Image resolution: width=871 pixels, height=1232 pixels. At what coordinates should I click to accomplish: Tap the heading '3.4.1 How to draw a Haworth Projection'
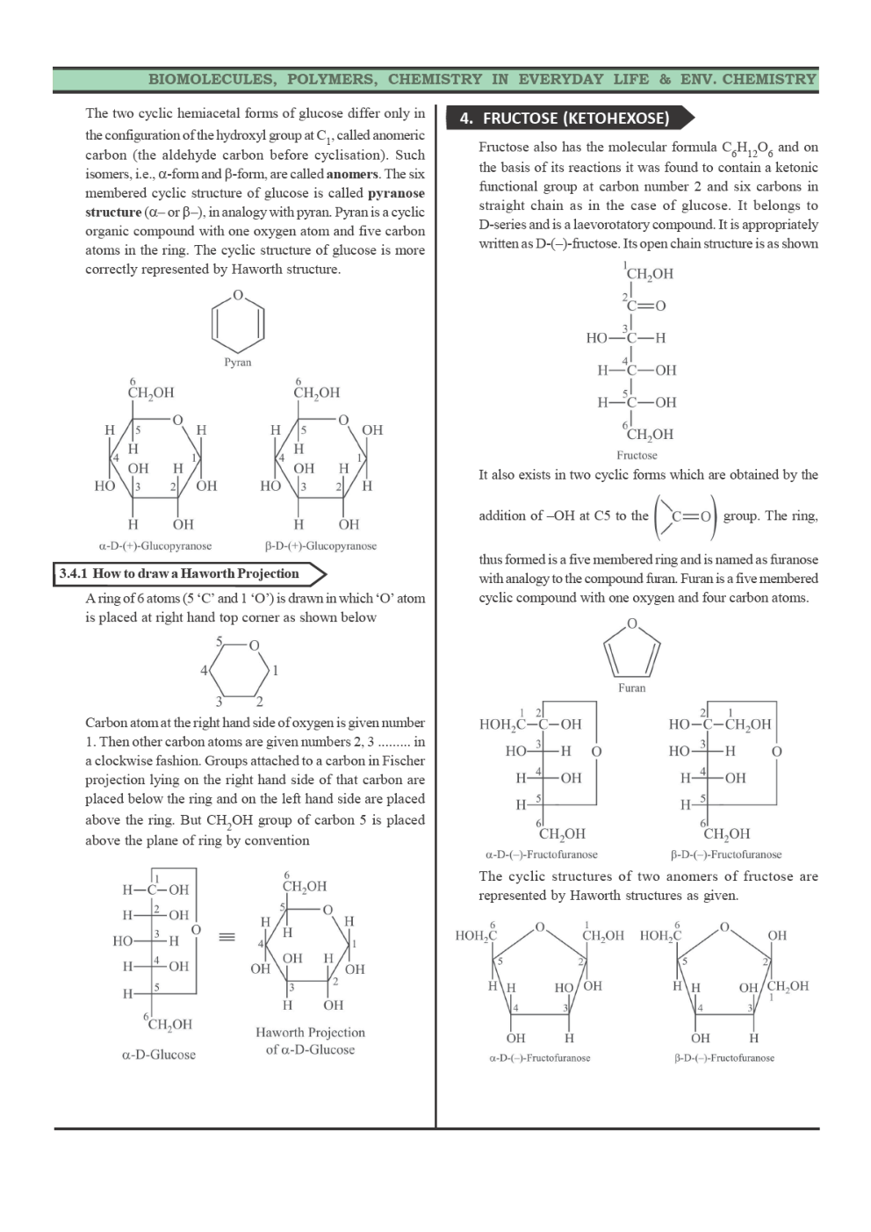coord(179,574)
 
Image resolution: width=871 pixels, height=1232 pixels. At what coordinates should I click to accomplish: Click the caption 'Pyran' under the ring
coord(237,362)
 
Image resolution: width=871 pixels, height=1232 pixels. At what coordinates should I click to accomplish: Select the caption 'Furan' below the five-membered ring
coord(631,688)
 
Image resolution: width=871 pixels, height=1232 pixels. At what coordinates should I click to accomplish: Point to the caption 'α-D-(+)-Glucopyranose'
coord(155,546)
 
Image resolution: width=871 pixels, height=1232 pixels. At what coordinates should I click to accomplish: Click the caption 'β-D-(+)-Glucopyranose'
coord(320,546)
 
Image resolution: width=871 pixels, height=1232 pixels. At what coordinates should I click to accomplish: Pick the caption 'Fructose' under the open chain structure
coord(637,455)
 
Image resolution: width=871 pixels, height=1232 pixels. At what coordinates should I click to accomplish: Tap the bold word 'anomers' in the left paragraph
coord(352,174)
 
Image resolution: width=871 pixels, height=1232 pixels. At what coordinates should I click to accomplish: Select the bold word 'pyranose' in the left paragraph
coord(396,193)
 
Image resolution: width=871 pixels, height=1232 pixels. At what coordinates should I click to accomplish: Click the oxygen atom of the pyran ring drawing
coord(237,296)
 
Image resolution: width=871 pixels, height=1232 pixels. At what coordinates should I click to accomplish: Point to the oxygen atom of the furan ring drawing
coord(631,624)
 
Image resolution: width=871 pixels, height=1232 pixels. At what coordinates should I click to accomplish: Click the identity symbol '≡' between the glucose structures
coord(227,937)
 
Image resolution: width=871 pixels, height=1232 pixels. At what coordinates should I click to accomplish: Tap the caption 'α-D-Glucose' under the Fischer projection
coord(159,1055)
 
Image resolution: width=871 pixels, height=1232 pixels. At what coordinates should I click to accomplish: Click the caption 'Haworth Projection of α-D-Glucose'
coord(310,1041)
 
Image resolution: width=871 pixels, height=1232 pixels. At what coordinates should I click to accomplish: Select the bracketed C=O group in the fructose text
coord(686,516)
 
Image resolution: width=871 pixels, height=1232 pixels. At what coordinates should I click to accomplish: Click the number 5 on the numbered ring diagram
coord(220,641)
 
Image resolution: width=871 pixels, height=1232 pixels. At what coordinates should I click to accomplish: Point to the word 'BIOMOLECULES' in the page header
coord(211,79)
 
